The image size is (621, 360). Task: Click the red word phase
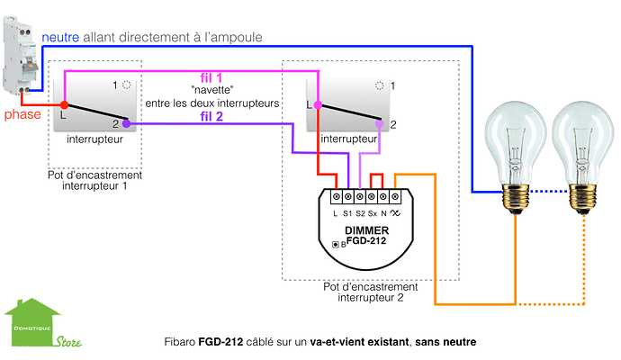pos(21,116)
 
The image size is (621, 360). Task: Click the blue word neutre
pos(60,37)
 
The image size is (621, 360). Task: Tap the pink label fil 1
pos(213,80)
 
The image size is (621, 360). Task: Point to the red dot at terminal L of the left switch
pos(64,105)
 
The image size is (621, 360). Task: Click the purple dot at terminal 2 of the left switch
pos(127,124)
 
